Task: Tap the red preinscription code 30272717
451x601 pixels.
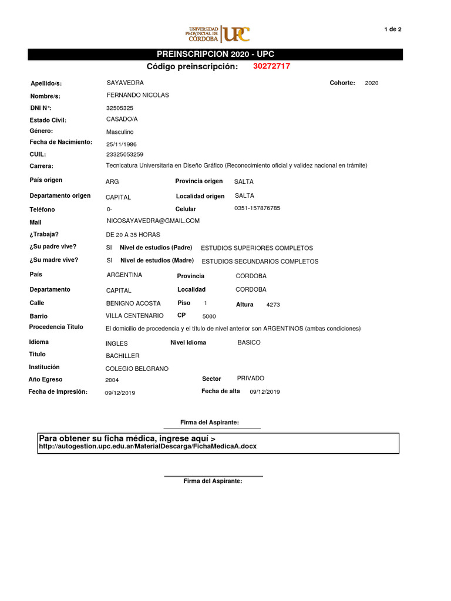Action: [x=271, y=66]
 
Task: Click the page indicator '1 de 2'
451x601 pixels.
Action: [x=392, y=29]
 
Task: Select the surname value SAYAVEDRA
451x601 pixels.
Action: [x=125, y=83]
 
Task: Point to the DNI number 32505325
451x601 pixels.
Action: [x=120, y=108]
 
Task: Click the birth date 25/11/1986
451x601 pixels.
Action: [x=122, y=144]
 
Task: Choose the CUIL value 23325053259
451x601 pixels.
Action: [x=124, y=155]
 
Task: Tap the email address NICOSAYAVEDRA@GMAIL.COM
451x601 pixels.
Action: [x=153, y=221]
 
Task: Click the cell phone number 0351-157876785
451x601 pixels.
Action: [x=257, y=208]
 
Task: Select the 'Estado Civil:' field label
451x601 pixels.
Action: [x=48, y=120]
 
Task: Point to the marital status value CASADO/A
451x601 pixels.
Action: [x=122, y=119]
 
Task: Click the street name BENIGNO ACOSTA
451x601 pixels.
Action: [x=133, y=303]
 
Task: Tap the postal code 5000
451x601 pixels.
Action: [x=209, y=316]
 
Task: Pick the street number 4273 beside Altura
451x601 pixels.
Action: [x=273, y=305]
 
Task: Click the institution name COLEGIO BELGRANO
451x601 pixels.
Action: [x=137, y=369]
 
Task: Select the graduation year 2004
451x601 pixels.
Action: [x=112, y=380]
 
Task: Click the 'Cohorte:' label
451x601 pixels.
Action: [x=342, y=83]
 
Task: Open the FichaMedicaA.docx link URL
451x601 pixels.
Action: [x=147, y=447]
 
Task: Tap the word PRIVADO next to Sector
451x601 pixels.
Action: [x=251, y=379]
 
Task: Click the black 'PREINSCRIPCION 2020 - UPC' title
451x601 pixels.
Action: [x=216, y=55]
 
